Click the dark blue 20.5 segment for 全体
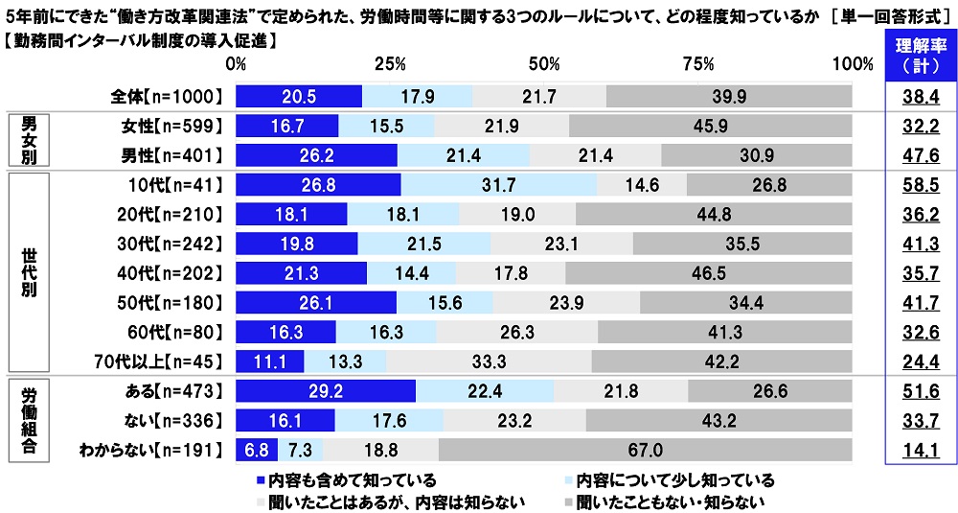[299, 96]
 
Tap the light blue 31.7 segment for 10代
[498, 185]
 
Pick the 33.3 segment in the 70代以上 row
[489, 361]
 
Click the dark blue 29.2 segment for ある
[326, 391]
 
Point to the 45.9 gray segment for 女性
[711, 126]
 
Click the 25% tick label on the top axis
[390, 64]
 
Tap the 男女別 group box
[27, 141]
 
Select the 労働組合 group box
[27, 421]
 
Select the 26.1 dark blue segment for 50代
[316, 303]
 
